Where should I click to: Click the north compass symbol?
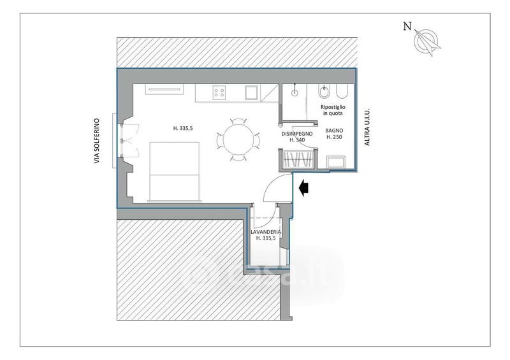426,42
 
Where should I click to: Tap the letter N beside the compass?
407,26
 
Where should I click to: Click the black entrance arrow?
303,188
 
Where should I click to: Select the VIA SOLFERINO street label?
97,141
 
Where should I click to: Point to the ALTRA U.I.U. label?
367,127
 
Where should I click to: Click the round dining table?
238,140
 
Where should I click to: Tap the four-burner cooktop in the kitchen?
219,92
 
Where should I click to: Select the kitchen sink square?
252,92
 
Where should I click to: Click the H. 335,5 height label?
183,129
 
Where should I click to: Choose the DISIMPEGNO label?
297,134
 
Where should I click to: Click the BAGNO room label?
334,131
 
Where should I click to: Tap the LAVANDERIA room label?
266,232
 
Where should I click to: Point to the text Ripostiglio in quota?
333,110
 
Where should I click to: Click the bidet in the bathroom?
324,92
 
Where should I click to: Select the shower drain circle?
295,92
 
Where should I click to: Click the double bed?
174,171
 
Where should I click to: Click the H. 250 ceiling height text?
334,137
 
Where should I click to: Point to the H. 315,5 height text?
266,238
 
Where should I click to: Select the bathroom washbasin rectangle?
336,162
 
